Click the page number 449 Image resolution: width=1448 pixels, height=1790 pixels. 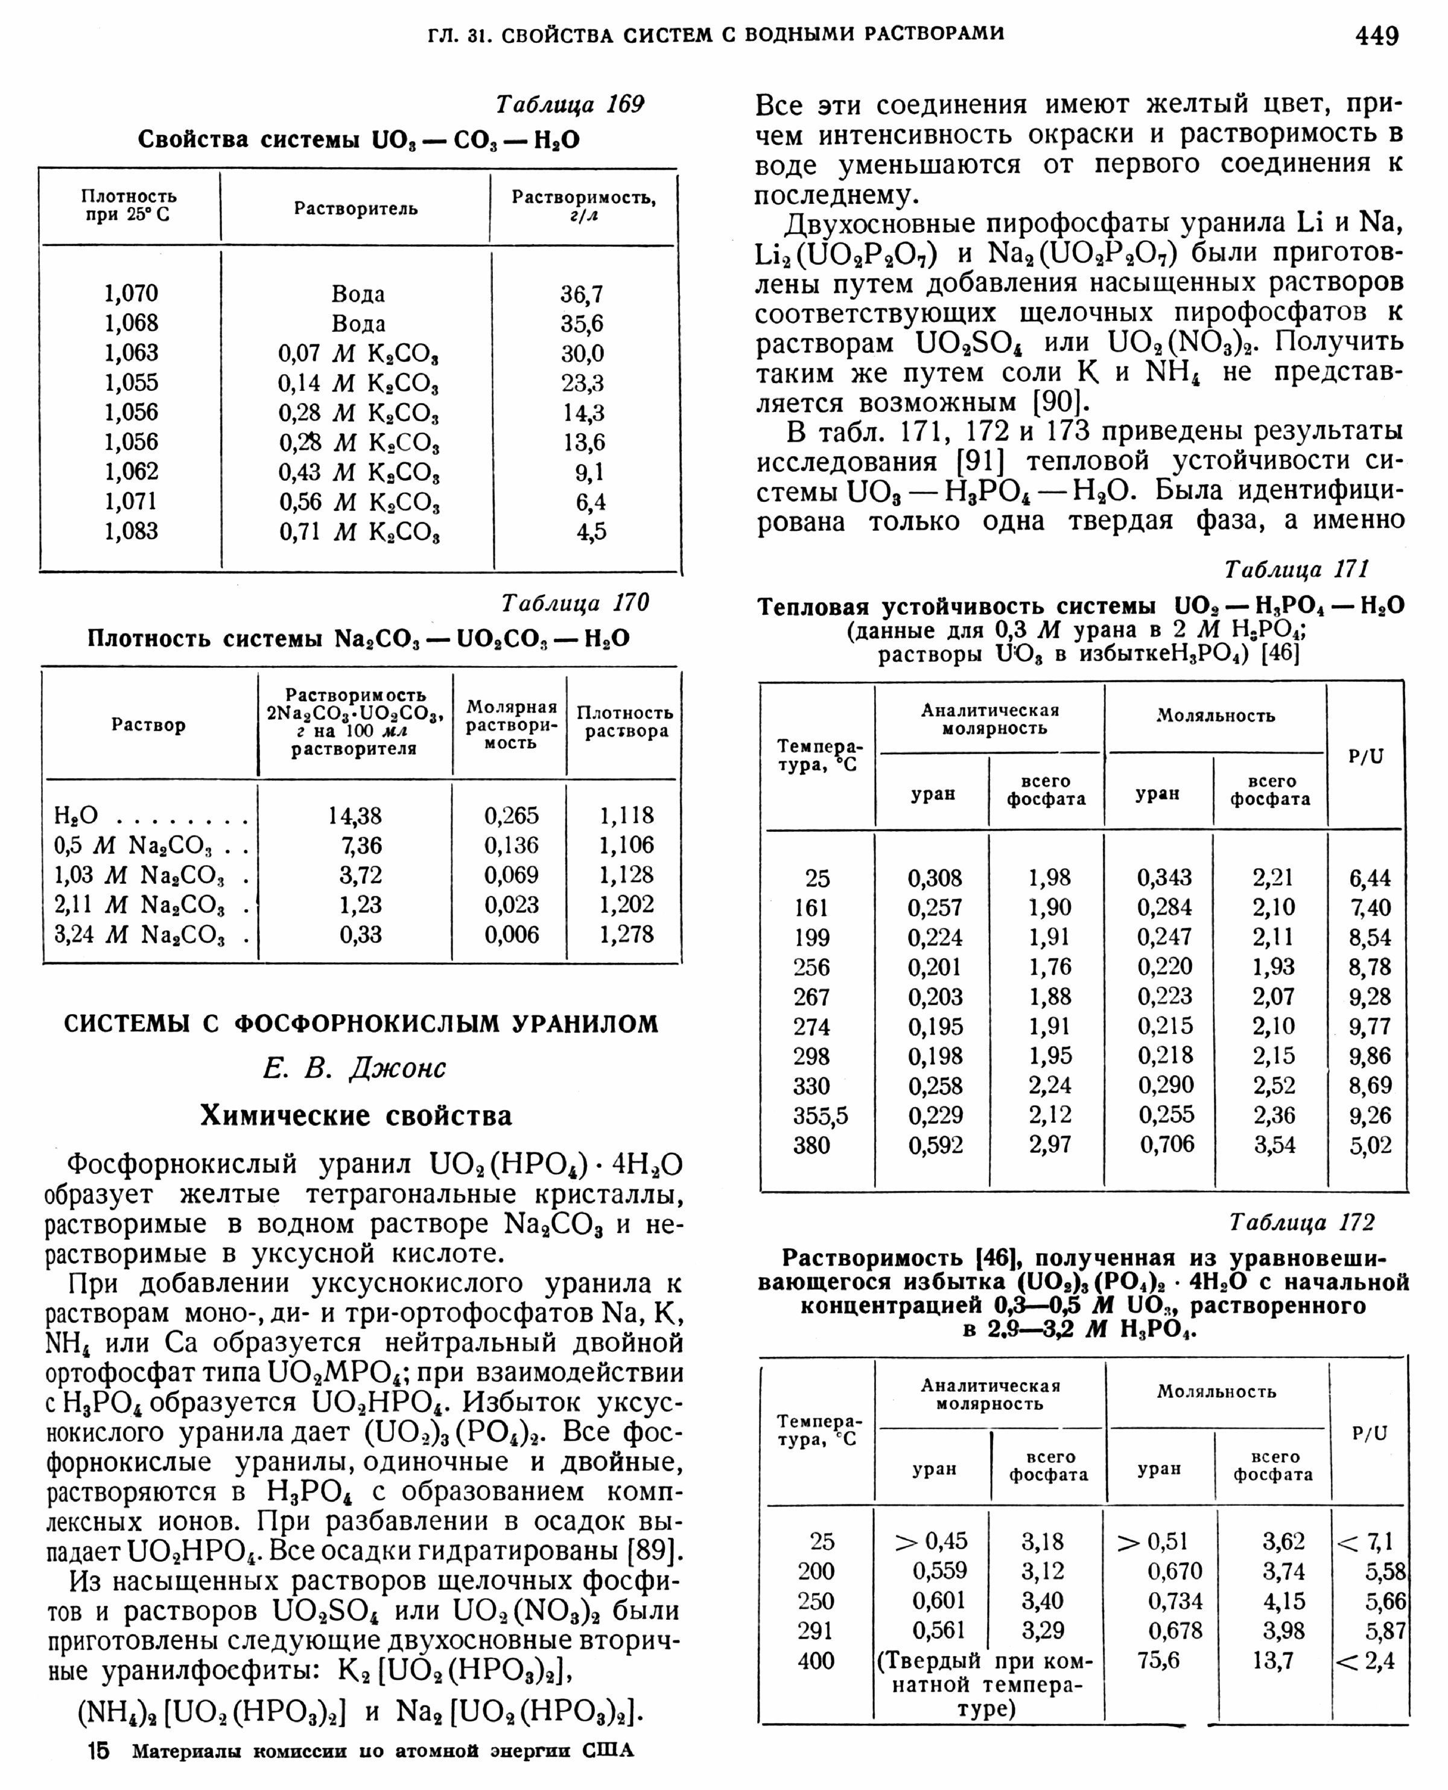coord(1376,35)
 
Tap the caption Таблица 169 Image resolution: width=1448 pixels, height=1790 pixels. coord(570,104)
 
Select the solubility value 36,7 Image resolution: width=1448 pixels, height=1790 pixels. coord(582,294)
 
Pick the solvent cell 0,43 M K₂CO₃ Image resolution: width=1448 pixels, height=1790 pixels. coord(358,472)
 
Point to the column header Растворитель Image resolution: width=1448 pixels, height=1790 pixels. coord(355,209)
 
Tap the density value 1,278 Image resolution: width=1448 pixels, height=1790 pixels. coord(626,934)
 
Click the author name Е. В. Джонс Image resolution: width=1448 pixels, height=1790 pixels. coord(355,1068)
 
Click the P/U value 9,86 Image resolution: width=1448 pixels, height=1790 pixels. coord(1370,1056)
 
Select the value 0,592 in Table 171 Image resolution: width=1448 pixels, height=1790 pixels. coord(935,1145)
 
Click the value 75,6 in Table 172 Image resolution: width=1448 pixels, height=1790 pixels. coord(1158,1660)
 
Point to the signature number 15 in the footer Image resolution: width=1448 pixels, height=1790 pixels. coord(98,1751)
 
